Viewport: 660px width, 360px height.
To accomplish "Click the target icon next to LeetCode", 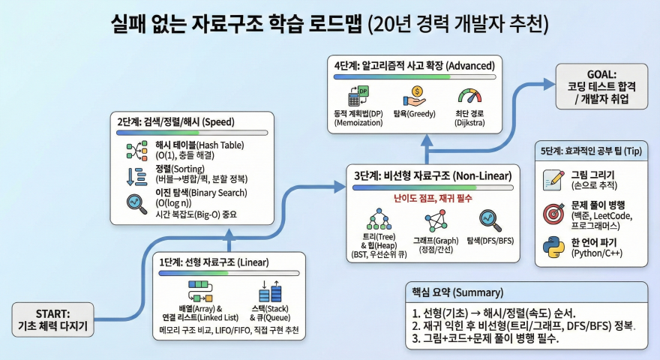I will click(x=553, y=214).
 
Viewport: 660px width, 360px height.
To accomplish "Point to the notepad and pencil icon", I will click(x=553, y=180).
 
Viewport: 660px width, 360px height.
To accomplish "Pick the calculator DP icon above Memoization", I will click(x=357, y=97).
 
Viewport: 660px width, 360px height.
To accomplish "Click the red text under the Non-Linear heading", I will click(x=433, y=197).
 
